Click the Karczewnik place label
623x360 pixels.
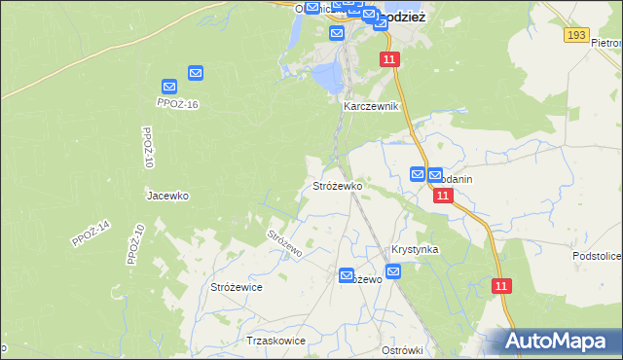(x=371, y=106)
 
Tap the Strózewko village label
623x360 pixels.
(x=338, y=185)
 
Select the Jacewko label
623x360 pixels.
(x=166, y=195)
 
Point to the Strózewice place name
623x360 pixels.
(x=237, y=287)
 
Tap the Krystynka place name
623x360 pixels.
(x=415, y=249)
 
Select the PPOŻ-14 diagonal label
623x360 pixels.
(x=92, y=234)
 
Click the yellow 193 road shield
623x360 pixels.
(x=576, y=35)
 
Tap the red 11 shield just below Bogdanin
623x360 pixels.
(x=443, y=196)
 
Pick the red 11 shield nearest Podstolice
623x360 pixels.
(x=501, y=286)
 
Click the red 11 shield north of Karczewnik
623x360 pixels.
(x=390, y=60)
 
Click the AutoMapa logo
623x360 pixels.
(x=558, y=341)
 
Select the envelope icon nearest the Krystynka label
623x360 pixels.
(x=392, y=271)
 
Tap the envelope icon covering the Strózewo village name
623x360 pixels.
(x=348, y=276)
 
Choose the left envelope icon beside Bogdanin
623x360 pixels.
(x=418, y=174)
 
